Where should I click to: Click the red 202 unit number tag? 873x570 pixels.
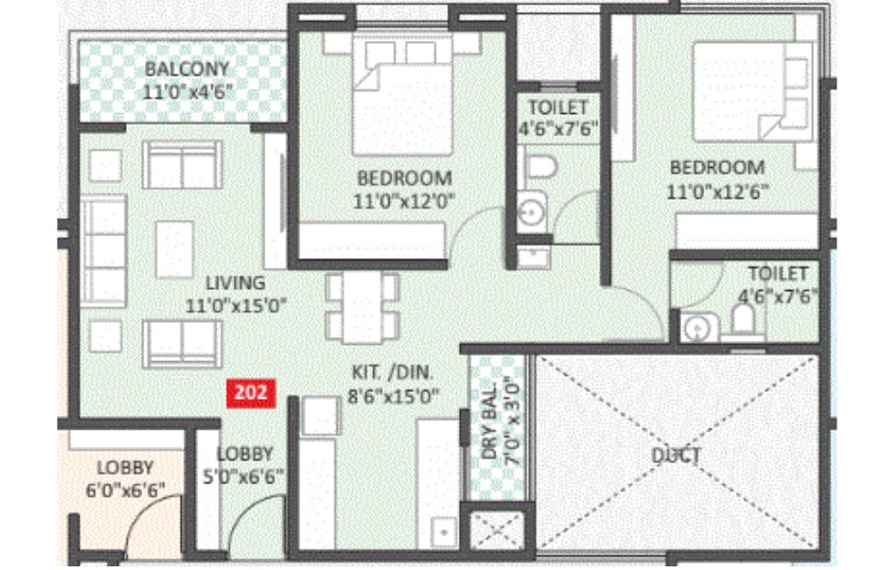251,393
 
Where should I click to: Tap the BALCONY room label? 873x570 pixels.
187,69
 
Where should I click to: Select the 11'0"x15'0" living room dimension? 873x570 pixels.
235,306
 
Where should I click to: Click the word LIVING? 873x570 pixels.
235,283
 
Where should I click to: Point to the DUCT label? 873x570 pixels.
676,455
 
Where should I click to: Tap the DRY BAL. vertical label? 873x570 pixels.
489,422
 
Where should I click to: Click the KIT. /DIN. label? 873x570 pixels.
392,372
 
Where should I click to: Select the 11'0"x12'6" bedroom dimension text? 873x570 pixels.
718,192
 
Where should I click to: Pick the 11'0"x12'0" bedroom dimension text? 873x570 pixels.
404,201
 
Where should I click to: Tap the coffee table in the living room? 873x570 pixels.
174,249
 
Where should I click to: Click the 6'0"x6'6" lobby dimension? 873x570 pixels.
125,491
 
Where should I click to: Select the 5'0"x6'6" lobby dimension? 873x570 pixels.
244,477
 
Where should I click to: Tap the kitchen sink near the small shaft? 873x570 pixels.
443,532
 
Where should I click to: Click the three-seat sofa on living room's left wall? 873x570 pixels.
104,251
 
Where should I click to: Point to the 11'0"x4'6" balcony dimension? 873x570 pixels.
187,92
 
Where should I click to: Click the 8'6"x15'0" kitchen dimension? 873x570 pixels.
393,397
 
